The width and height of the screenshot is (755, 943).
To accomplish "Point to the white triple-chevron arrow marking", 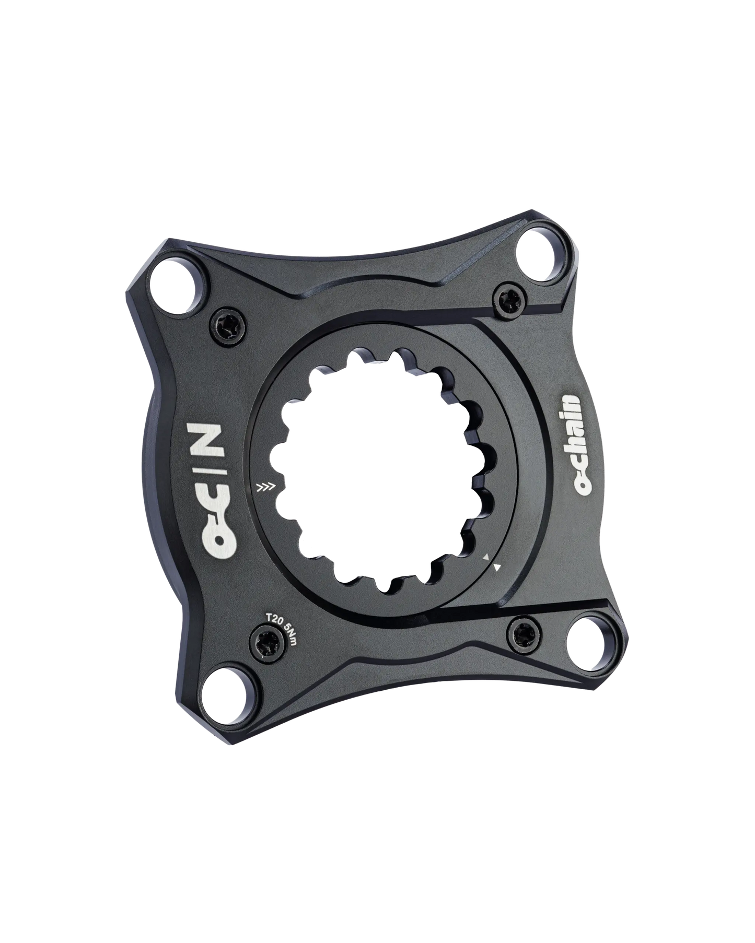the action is coord(265,488).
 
